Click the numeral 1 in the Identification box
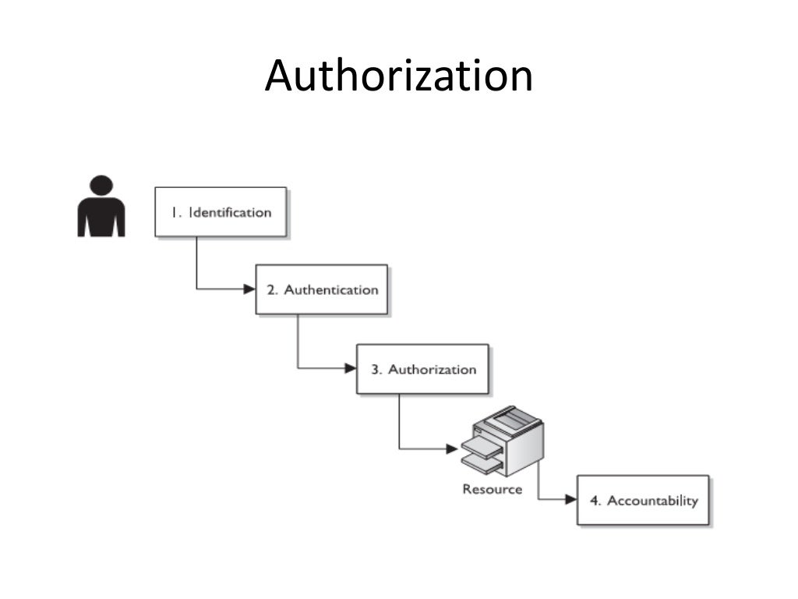click(x=176, y=212)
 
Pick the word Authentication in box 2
click(x=330, y=289)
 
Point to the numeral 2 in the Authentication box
click(x=272, y=290)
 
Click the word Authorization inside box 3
click(x=432, y=369)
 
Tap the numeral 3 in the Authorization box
click(x=375, y=370)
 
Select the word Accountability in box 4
click(x=652, y=501)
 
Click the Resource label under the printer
click(x=492, y=489)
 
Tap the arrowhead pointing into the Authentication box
click(x=249, y=289)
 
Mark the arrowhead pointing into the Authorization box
click(x=350, y=368)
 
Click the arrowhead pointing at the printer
click(x=451, y=448)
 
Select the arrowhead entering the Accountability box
click(x=570, y=500)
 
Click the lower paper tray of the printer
click(x=482, y=465)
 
